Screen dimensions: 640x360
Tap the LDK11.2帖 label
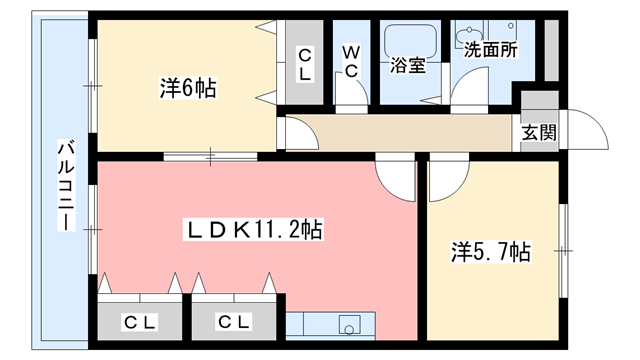254,231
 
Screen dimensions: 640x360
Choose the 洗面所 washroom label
489,46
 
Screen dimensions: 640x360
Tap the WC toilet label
353,59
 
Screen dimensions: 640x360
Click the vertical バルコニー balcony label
65,185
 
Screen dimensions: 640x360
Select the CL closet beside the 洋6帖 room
304,65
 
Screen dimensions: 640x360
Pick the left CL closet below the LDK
140,321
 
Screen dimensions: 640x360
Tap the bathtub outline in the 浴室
406,39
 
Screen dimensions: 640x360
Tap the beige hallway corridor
400,133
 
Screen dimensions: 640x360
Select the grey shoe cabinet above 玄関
538,104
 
